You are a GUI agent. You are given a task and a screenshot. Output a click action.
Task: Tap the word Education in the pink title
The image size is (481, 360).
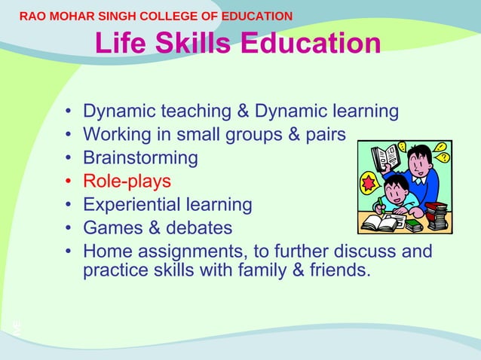[311, 44]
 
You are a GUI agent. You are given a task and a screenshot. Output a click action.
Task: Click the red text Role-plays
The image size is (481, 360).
[127, 182]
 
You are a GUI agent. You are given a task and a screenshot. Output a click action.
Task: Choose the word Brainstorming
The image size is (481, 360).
[140, 158]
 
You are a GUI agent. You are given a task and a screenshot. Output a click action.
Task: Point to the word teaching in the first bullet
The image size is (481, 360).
[196, 111]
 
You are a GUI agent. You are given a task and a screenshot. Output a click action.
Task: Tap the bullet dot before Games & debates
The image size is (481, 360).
[69, 228]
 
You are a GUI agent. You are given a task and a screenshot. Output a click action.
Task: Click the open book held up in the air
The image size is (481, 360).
[386, 157]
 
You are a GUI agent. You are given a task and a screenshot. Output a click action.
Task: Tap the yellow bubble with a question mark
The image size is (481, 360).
[443, 157]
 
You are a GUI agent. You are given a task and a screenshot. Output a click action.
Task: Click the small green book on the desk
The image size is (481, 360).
[414, 224]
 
